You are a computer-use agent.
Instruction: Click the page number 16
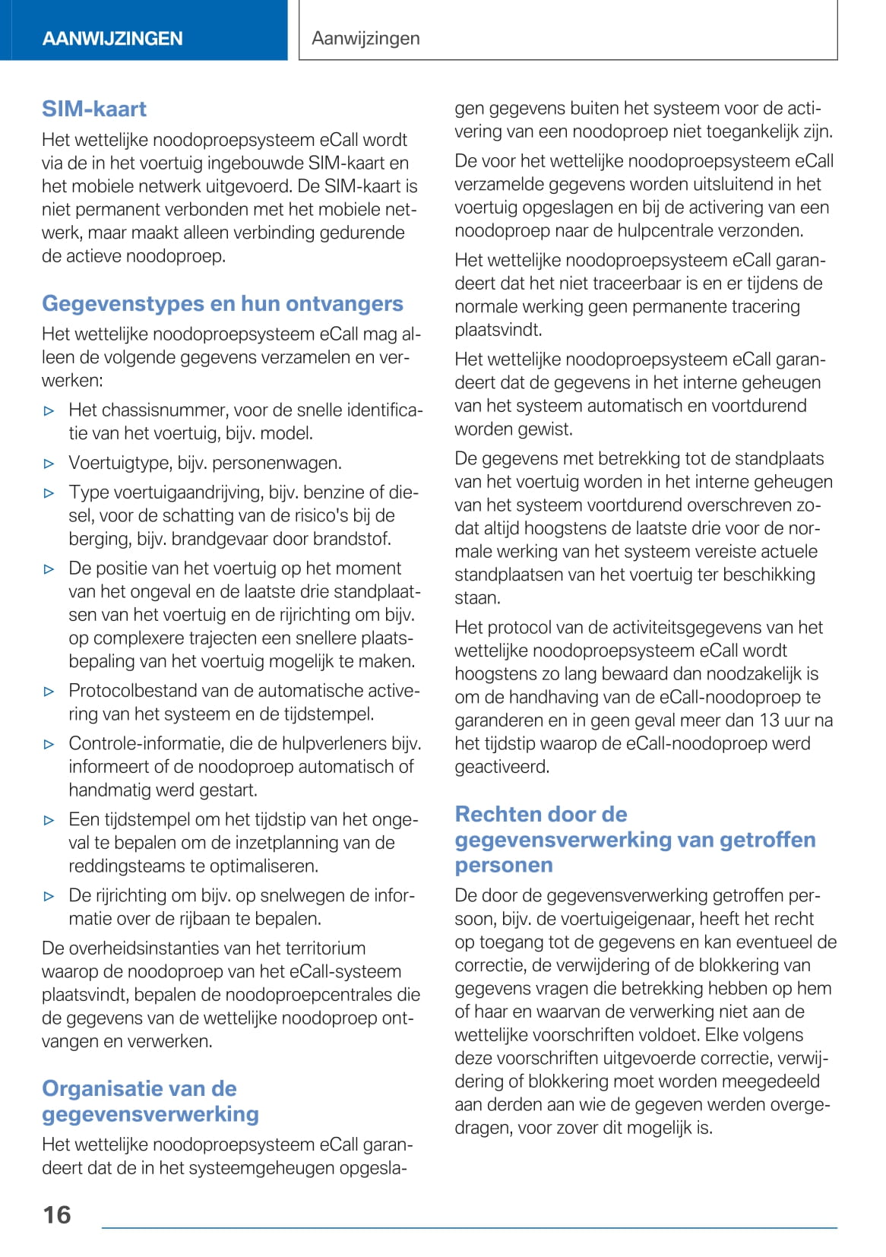coord(57,1214)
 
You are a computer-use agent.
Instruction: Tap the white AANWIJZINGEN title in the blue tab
coord(112,39)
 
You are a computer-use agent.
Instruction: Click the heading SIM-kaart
coord(94,109)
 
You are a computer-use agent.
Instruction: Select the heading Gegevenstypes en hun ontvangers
coord(223,303)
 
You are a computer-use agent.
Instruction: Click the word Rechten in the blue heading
coord(498,814)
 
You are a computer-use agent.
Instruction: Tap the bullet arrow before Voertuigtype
coord(49,464)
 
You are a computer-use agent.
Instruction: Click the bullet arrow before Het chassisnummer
coord(49,411)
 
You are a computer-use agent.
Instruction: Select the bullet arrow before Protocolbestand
coord(49,692)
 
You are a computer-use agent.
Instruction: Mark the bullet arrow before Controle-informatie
coord(49,744)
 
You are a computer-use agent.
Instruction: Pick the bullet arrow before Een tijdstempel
coord(49,820)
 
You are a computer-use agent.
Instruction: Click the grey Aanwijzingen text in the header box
coord(365,38)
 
